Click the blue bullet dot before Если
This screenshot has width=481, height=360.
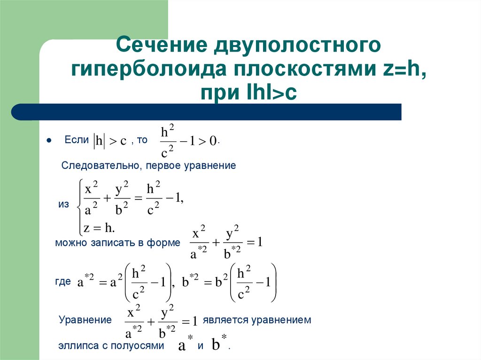[48, 140]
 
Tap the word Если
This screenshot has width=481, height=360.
[76, 140]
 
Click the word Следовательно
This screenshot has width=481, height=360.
[101, 166]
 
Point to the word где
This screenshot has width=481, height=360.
[63, 281]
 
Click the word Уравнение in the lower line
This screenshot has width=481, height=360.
[85, 320]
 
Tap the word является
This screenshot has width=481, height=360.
[224, 320]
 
